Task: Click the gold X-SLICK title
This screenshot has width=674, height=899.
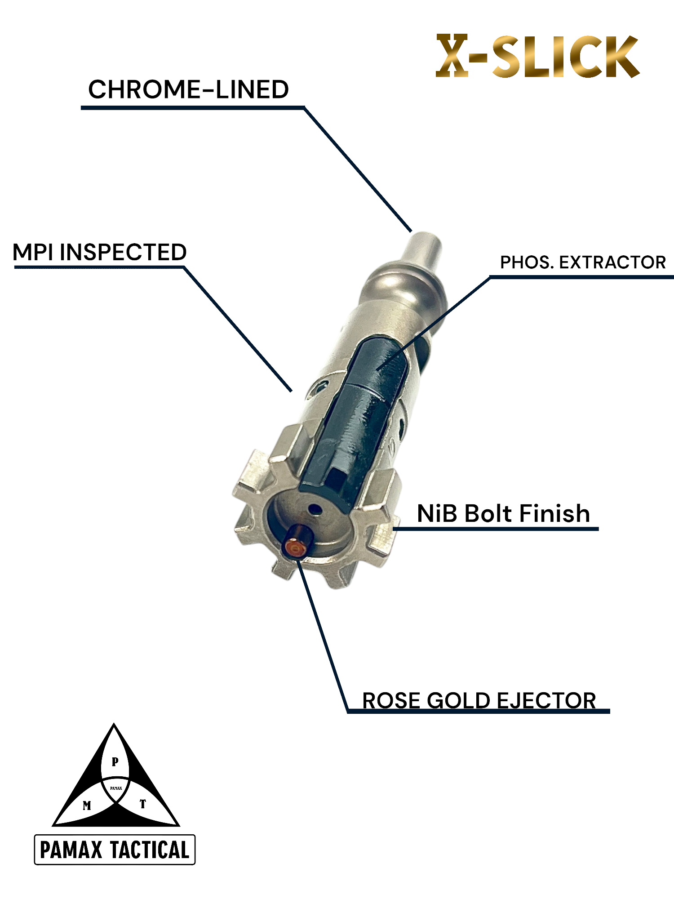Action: (x=537, y=56)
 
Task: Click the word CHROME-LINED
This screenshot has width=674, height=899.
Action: (x=188, y=89)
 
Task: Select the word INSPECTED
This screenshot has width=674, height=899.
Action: (x=123, y=252)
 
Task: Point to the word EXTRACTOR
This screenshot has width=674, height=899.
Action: (x=612, y=263)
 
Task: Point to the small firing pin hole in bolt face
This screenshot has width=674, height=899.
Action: (x=315, y=510)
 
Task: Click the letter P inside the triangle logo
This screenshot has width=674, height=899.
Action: (x=115, y=761)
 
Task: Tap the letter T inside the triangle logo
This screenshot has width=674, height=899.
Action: (x=142, y=804)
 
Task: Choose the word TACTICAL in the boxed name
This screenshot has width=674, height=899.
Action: (x=150, y=850)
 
